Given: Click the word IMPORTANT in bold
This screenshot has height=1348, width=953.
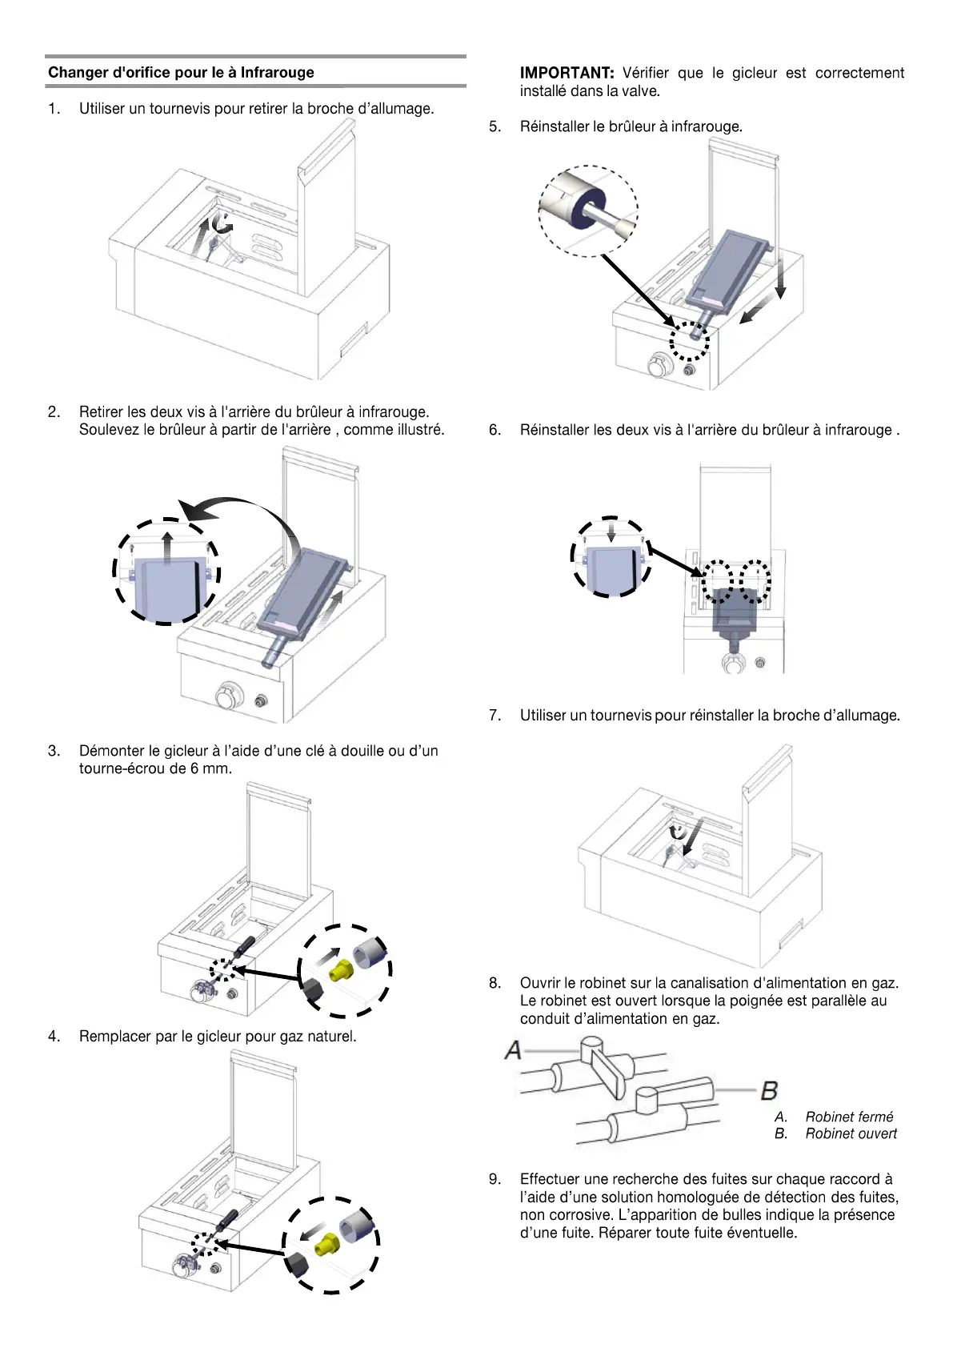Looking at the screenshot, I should (x=567, y=73).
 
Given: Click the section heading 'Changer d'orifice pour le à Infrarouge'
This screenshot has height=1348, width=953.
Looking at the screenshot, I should (x=181, y=73).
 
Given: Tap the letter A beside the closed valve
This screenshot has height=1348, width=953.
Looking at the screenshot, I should (x=513, y=1049).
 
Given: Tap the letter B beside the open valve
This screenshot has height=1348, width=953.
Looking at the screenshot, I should (x=769, y=1090).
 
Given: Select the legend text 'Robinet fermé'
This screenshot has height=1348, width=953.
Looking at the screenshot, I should (x=849, y=1117).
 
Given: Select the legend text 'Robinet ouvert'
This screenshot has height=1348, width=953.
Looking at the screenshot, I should (x=851, y=1133).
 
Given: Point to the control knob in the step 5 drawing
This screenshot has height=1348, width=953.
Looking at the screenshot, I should (x=661, y=367).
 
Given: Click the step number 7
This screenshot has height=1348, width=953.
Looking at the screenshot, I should (x=495, y=715).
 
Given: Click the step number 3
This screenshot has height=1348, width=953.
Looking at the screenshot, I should (x=54, y=751).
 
